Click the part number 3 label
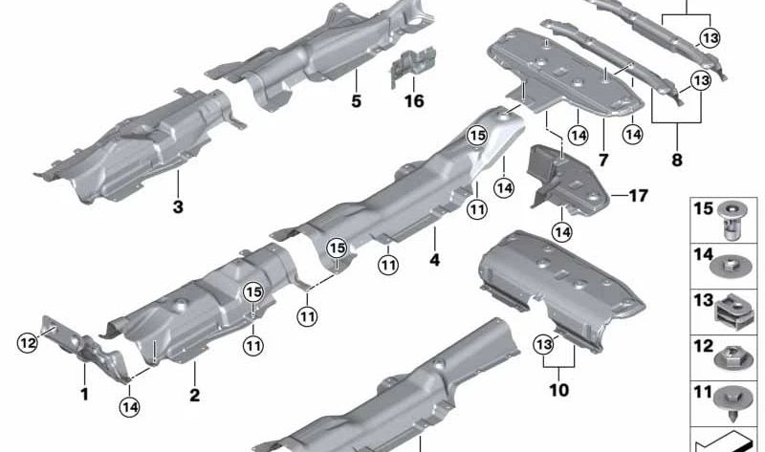(178, 206)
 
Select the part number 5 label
(356, 101)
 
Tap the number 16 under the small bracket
(414, 101)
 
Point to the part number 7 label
(603, 160)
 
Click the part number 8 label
(677, 160)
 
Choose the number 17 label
(638, 196)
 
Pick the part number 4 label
(435, 260)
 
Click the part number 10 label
(559, 390)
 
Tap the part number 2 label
(195, 395)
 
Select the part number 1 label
(84, 394)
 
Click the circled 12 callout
(28, 343)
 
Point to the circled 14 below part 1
(129, 407)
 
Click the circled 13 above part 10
(544, 345)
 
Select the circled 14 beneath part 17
(562, 232)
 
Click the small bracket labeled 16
(412, 66)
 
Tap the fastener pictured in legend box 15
(731, 221)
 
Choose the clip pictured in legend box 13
(730, 311)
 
